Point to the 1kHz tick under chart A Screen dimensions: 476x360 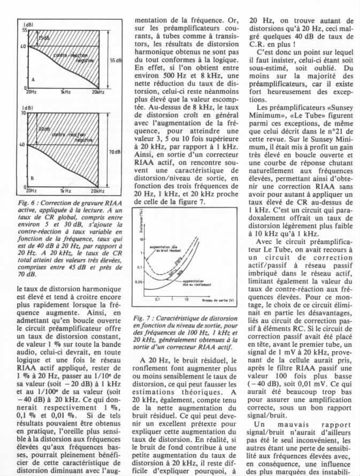click(66, 93)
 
